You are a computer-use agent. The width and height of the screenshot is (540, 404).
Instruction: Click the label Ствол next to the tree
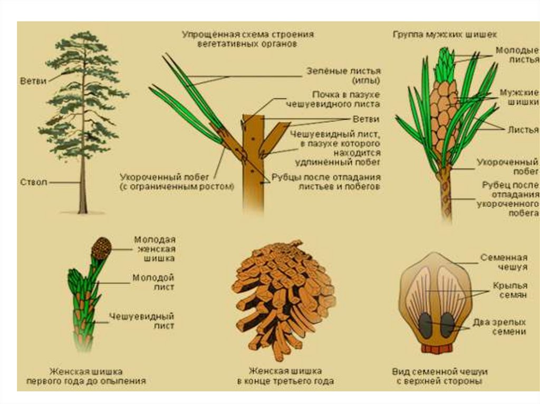33,182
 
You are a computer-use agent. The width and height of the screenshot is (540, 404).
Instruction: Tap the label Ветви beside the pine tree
33,81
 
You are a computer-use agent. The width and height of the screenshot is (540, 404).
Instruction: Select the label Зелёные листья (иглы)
343,76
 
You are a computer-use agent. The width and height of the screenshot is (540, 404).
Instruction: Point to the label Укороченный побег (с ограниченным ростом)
177,182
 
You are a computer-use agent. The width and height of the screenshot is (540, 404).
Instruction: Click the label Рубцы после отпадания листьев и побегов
326,182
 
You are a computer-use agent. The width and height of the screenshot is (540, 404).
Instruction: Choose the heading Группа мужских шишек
445,34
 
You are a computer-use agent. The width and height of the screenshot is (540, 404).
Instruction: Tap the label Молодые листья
517,55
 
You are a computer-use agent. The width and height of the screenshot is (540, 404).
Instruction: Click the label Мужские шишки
519,97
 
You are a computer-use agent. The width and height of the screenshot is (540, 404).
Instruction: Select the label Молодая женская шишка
155,249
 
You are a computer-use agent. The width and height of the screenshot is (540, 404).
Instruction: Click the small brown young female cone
101,248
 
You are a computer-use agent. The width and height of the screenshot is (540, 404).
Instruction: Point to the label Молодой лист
153,282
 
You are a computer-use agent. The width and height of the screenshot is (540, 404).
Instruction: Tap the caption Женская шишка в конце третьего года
285,376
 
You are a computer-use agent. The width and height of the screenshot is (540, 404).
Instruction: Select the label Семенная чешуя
504,262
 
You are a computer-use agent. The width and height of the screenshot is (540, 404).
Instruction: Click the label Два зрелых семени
499,327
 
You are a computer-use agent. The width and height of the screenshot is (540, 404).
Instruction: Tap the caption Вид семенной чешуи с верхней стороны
440,376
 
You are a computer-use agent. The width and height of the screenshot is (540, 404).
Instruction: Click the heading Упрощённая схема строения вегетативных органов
248,39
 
